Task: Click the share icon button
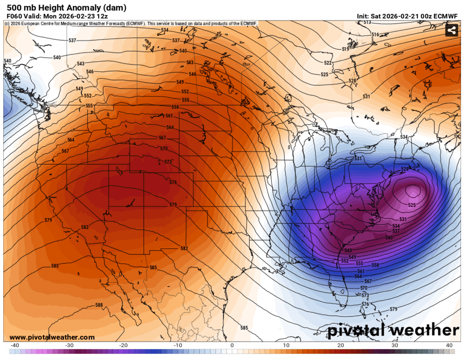point(451,31)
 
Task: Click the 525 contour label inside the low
point(411,205)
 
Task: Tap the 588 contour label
point(99,305)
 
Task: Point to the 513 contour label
point(367,22)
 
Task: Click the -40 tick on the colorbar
point(15,345)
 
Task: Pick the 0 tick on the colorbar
point(232,345)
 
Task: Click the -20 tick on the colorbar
point(124,345)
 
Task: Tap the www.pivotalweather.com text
point(52,337)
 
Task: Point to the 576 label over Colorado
point(173,182)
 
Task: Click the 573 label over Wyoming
point(167,162)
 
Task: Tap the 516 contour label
point(375,35)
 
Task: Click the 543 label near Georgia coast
point(348,251)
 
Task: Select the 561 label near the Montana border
point(169,116)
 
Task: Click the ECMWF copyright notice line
point(131,24)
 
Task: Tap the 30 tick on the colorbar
point(394,345)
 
